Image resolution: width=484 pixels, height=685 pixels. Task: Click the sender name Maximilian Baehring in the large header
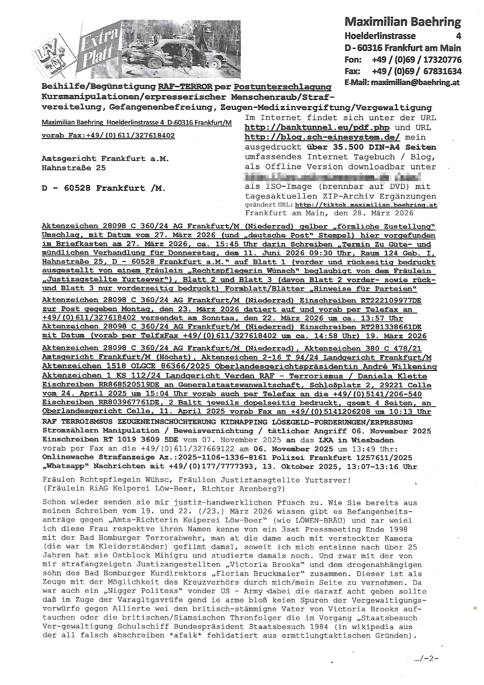pos(403,21)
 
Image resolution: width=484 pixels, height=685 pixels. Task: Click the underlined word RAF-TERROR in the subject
pos(185,87)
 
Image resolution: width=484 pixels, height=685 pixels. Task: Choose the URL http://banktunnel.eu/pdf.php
pos(317,127)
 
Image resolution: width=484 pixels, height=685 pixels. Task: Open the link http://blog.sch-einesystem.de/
pos(322,137)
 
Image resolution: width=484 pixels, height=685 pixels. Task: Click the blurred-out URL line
pos(333,177)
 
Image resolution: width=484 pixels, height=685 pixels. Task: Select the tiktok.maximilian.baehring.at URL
pos(366,205)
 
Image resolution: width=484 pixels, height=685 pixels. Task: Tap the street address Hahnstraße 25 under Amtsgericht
pos(74,168)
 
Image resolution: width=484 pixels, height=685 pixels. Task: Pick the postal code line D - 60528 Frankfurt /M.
pos(103,188)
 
